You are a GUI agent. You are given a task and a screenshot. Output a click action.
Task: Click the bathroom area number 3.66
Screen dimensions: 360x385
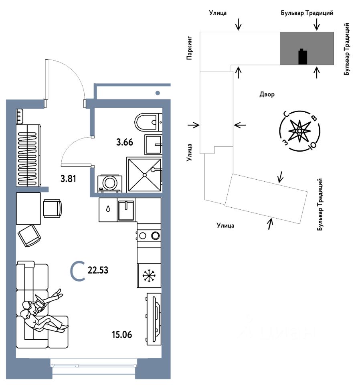click(125, 142)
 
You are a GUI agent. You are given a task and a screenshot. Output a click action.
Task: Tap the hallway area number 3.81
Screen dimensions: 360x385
click(68, 178)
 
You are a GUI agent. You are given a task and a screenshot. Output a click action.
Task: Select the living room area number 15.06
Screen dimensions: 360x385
click(122, 334)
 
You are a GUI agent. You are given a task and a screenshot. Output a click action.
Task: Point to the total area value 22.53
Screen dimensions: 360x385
click(98, 270)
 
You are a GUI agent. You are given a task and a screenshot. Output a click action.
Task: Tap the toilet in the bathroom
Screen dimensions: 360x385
click(147, 122)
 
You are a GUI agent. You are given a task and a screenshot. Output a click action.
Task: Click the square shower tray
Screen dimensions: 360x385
click(144, 175)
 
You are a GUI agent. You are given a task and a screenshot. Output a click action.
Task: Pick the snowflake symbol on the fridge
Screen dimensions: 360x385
click(149, 276)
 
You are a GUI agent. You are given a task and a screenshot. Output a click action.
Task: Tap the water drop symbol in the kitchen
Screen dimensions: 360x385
click(108, 209)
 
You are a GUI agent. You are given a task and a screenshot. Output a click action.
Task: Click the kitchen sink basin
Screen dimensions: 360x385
click(126, 211)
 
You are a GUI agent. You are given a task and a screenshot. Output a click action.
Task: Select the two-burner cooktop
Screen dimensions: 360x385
click(149, 236)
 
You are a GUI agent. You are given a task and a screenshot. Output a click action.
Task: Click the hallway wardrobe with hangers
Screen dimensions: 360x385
click(28, 155)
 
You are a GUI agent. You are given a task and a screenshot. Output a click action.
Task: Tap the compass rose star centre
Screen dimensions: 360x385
click(299, 131)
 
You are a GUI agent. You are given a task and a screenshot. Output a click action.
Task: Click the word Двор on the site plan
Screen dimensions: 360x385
click(267, 94)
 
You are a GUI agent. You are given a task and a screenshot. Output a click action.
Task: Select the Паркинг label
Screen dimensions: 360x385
click(189, 48)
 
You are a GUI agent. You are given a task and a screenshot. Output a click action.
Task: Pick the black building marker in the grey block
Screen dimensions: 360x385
click(303, 57)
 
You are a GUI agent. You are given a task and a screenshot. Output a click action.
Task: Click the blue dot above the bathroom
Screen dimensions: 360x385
click(158, 93)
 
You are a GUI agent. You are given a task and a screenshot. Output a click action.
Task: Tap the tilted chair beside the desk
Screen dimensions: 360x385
click(29, 235)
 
